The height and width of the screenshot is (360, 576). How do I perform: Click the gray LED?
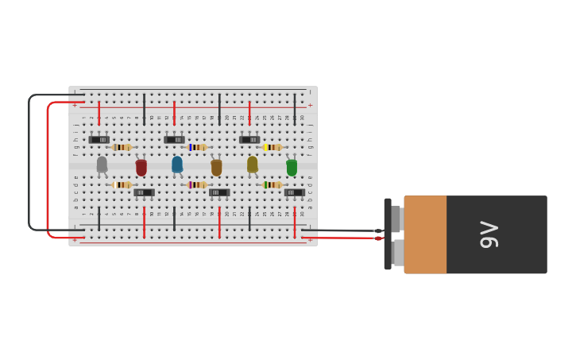[x=102, y=165]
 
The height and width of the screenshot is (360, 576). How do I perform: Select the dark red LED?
[x=141, y=168]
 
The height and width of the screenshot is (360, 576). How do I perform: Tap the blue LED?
[x=177, y=165]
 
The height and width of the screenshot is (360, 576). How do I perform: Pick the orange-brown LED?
[x=216, y=168]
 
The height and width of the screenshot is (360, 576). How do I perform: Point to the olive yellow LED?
[x=253, y=165]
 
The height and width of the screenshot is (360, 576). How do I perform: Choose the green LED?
[x=292, y=168]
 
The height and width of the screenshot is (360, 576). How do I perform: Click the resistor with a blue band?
[x=196, y=147]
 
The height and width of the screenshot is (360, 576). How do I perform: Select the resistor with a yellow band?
[x=272, y=147]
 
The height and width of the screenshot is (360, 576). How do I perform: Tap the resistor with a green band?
[x=272, y=184]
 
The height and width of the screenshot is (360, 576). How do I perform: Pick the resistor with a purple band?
[x=196, y=184]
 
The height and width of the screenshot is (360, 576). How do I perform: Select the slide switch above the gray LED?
[x=99, y=140]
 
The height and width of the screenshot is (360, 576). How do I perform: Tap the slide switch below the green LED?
[x=294, y=192]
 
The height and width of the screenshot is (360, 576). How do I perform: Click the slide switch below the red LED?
[x=144, y=192]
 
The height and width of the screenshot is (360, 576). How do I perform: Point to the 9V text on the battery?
[x=490, y=234]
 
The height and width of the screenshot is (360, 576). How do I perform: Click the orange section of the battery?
[x=425, y=234]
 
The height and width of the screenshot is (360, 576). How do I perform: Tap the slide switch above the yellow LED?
[x=249, y=140]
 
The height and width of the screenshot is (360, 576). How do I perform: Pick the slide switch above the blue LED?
[x=174, y=140]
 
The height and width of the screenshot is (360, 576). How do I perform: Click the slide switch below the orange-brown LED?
[x=219, y=192]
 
